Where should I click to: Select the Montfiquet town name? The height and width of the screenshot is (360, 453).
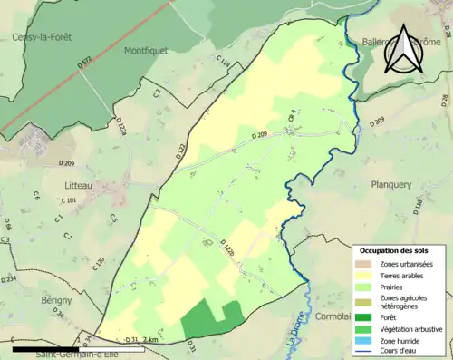(147, 51)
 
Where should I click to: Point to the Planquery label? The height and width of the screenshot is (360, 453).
(390, 184)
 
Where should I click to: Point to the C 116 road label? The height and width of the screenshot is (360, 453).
(224, 64)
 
